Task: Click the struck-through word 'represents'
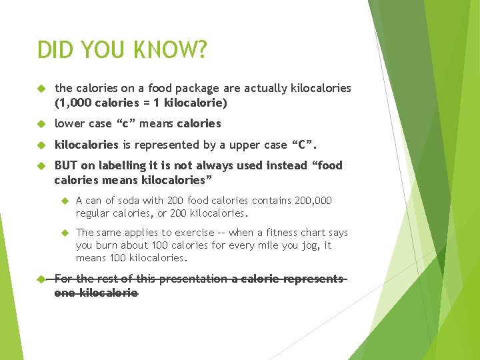[x=313, y=279]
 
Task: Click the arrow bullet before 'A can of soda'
[x=65, y=201]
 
